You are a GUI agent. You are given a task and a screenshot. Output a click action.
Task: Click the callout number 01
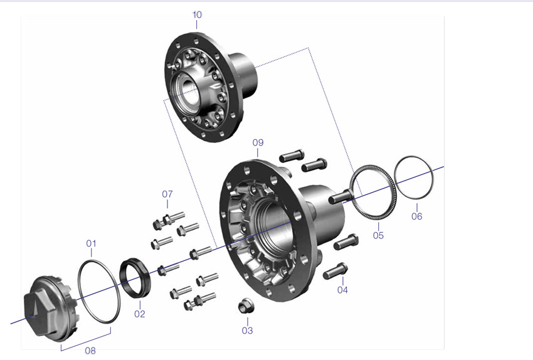pyautogui.click(x=91, y=243)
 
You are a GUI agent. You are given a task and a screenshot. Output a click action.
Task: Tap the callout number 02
pyautogui.click(x=140, y=314)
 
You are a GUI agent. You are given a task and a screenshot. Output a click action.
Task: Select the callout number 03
pyautogui.click(x=248, y=331)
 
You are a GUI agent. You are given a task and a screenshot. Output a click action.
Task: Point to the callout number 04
pyautogui.click(x=342, y=290)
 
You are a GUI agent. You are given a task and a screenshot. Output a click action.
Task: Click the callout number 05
pyautogui.click(x=378, y=235)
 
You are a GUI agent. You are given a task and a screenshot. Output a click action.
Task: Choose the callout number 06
pyautogui.click(x=417, y=216)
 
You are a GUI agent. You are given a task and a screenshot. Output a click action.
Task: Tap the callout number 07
pyautogui.click(x=167, y=194)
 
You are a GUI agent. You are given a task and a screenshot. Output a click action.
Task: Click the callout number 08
pyautogui.click(x=90, y=351)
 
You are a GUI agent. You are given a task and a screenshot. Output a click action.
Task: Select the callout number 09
pyautogui.click(x=258, y=142)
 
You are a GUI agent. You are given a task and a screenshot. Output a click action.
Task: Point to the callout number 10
pyautogui.click(x=197, y=14)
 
